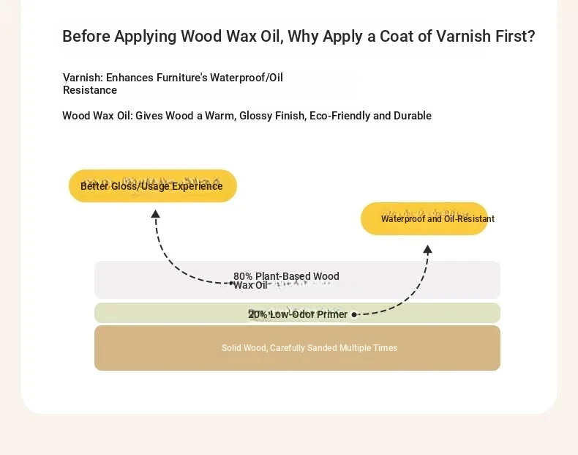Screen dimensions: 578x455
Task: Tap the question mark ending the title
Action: click(x=531, y=36)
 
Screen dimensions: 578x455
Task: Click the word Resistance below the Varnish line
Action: click(x=90, y=90)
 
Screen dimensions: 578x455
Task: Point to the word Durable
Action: click(x=413, y=116)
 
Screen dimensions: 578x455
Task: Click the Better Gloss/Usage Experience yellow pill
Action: click(x=153, y=185)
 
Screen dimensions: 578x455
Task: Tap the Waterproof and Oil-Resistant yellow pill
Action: click(x=424, y=218)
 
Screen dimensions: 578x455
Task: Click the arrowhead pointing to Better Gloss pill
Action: click(x=156, y=214)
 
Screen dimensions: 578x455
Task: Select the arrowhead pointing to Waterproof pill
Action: click(x=427, y=249)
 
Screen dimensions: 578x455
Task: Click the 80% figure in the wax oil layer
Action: click(x=243, y=276)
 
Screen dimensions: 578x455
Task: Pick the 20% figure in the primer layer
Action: click(x=258, y=314)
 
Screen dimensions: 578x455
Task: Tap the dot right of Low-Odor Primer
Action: click(x=354, y=315)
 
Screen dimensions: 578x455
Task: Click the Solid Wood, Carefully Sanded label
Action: click(x=309, y=347)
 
